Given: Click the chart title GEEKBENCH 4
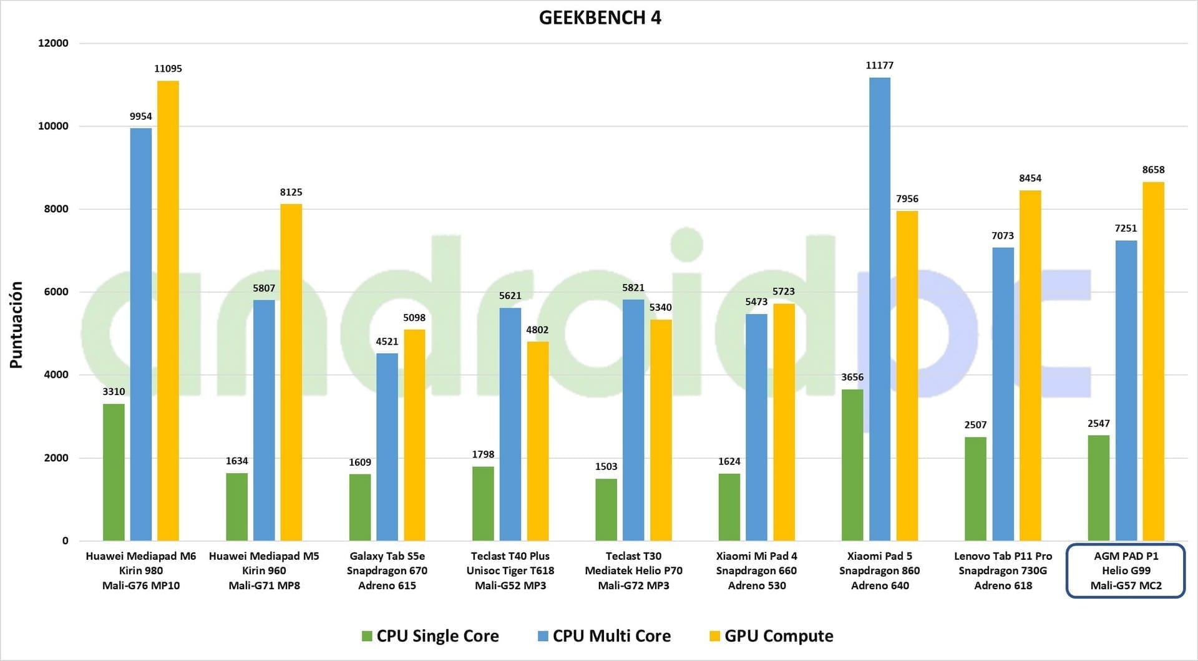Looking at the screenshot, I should (x=600, y=17).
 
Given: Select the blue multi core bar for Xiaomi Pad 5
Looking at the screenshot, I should (x=879, y=309).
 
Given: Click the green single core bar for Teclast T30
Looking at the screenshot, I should (x=606, y=509).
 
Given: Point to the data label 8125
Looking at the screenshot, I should (x=291, y=192).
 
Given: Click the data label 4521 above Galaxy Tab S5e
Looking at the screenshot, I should (x=387, y=341).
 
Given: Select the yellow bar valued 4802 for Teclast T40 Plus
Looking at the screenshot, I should (x=537, y=441).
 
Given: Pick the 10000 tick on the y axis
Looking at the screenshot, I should (x=53, y=126).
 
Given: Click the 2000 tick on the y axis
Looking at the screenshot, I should (x=56, y=458).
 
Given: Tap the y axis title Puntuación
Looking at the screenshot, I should (x=16, y=325).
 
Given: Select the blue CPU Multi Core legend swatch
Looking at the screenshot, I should (x=543, y=636).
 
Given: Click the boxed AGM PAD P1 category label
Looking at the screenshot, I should (x=1126, y=570).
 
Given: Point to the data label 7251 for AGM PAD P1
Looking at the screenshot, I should (x=1126, y=228).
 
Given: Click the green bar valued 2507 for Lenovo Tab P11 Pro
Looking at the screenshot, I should (x=975, y=489).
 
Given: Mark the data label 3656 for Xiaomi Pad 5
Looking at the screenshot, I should (x=852, y=377).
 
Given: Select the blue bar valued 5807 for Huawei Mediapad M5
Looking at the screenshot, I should (x=264, y=420).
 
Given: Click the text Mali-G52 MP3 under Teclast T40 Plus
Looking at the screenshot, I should (x=510, y=585).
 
